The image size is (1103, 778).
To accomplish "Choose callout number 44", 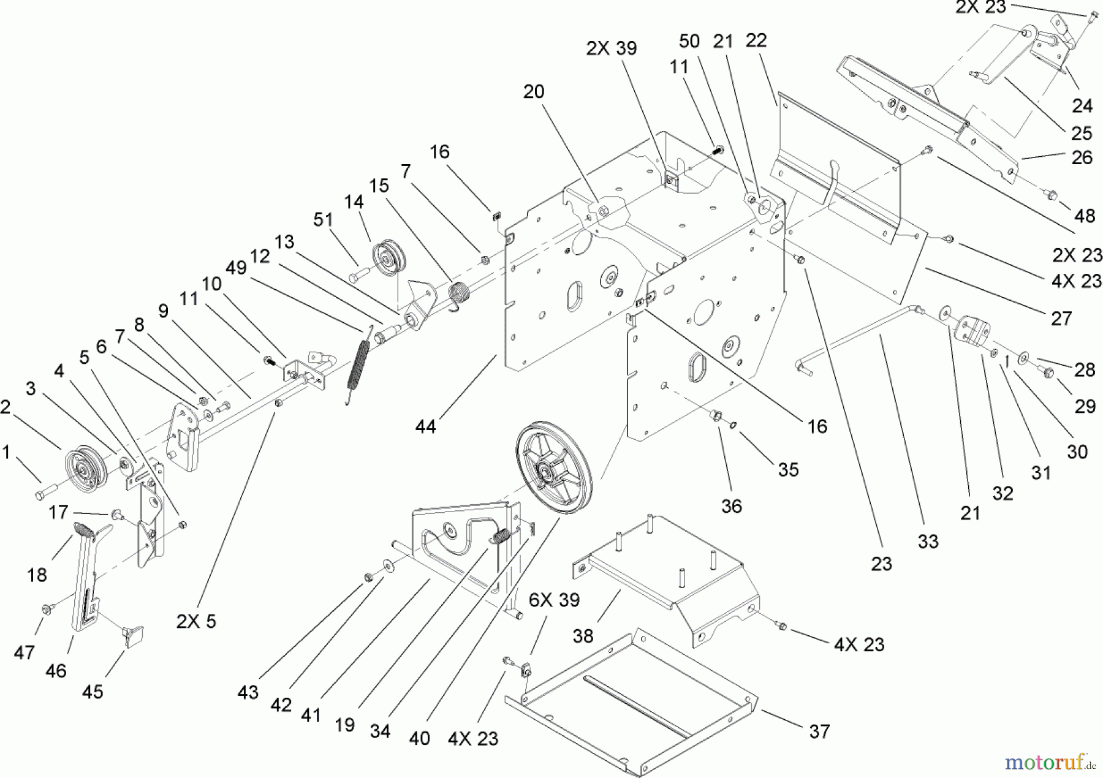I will click(x=425, y=426).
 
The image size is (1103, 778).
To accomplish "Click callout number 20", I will click(x=533, y=92).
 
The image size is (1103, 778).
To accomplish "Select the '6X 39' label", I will click(x=554, y=600).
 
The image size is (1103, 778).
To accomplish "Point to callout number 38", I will click(x=583, y=636).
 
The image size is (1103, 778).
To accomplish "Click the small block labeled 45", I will click(x=133, y=636).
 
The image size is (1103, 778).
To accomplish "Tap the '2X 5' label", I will click(x=196, y=621).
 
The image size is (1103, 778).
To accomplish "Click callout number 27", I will click(x=1061, y=318).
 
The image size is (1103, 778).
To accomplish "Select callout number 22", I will click(x=756, y=40).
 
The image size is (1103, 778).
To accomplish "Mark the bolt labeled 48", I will click(x=1050, y=195).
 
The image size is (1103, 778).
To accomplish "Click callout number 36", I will click(x=732, y=506).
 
